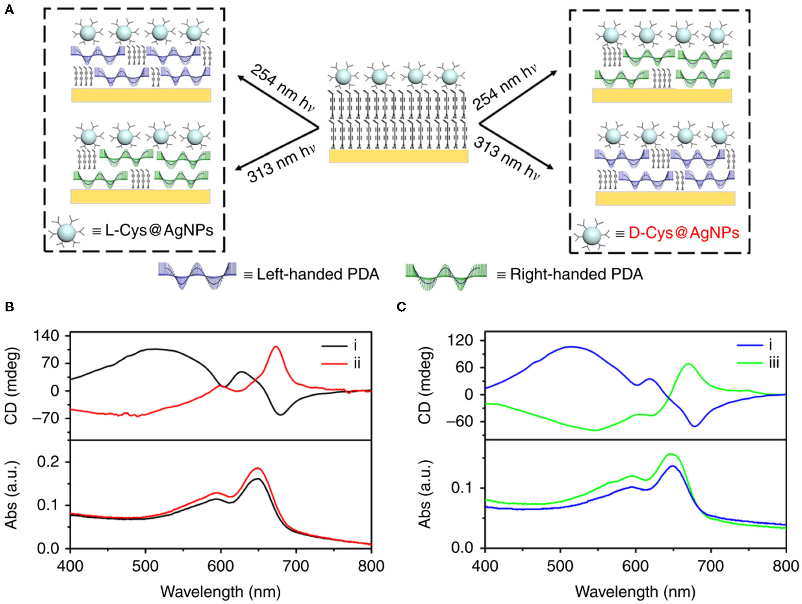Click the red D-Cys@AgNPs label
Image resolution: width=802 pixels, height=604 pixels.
683,233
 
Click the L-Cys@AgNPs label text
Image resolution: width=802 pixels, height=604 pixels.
159,230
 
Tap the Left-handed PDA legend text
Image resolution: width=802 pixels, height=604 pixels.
318,274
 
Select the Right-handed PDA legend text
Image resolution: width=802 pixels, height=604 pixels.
576,274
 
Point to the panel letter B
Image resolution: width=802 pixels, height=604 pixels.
9,307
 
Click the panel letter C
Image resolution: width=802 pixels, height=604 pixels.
401,307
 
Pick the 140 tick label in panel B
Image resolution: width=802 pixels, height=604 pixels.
46,336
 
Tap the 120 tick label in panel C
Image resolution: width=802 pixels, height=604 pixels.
460,341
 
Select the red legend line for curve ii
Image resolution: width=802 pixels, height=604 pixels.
335,363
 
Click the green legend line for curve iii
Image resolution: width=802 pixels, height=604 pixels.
750,362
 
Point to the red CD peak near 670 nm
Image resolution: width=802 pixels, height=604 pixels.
275,347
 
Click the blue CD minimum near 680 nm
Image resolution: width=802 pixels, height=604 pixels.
695,426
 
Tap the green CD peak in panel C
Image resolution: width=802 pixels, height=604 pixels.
688,364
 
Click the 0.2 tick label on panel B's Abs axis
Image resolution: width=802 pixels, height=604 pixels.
48,462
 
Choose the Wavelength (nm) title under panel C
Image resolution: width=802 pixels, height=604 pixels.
635,592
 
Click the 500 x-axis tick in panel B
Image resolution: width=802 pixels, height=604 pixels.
145,566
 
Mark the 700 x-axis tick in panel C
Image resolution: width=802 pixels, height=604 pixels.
711,566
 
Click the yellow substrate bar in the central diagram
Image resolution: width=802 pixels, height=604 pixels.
399,156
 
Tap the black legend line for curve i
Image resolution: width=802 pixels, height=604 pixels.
335,346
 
